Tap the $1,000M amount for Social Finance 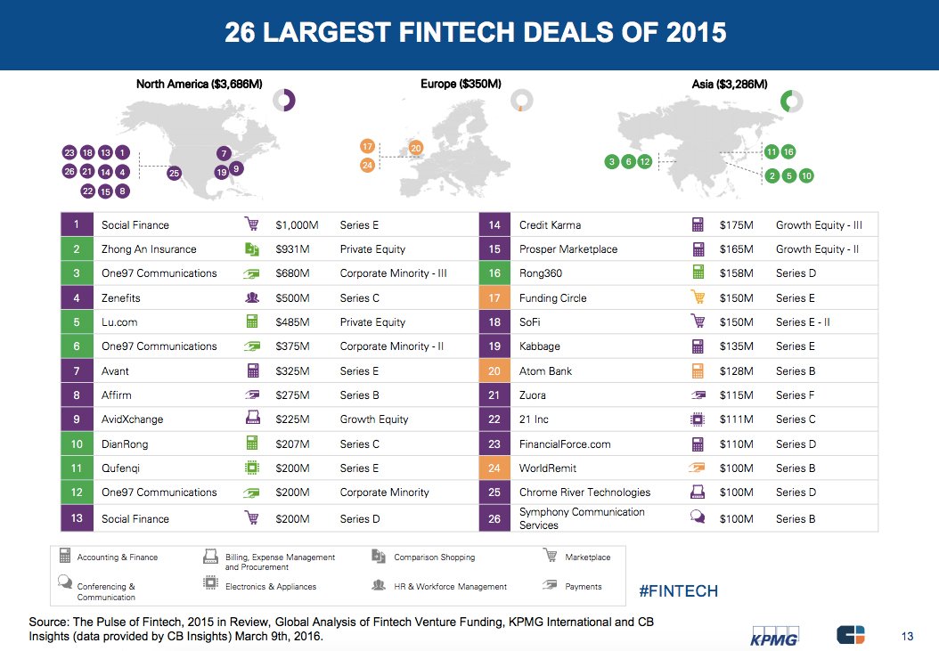(x=297, y=225)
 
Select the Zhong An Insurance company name (x=149, y=249)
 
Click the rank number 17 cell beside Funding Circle (x=494, y=298)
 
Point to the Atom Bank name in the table (x=545, y=371)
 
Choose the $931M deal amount (x=293, y=249)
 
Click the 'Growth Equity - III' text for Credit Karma (x=819, y=225)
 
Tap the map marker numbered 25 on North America (x=174, y=173)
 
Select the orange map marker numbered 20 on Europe (x=415, y=148)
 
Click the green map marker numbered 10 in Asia (x=806, y=175)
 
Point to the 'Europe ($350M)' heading (x=461, y=85)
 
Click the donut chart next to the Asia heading (x=791, y=101)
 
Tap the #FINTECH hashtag (x=679, y=590)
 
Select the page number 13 (x=908, y=635)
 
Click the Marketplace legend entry (x=587, y=557)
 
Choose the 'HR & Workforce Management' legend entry (x=450, y=587)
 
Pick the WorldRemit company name (x=548, y=468)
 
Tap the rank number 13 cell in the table (x=77, y=518)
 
